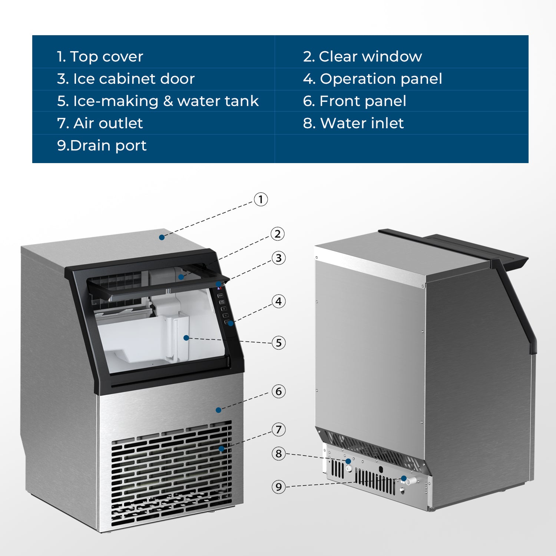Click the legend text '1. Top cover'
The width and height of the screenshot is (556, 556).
coord(100,57)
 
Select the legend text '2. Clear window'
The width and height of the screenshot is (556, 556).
coord(362,57)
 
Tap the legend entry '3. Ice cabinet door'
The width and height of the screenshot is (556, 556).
coord(126,79)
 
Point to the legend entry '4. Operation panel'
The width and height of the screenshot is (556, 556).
coord(372,79)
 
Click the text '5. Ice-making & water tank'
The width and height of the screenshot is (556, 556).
coord(158,101)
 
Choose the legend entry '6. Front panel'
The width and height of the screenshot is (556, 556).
coord(354,101)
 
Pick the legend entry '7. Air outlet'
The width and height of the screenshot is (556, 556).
coord(100,123)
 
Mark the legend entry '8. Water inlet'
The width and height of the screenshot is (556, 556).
coord(353,123)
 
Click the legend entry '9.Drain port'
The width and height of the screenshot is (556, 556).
coord(102,146)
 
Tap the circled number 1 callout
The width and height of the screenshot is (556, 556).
coord(261,199)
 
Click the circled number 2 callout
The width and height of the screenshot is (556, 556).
coord(277,234)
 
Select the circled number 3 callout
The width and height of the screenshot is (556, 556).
coord(278,258)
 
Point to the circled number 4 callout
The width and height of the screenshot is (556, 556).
coord(278,301)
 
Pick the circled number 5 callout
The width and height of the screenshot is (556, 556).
coord(278,343)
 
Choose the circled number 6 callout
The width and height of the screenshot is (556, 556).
coord(278,391)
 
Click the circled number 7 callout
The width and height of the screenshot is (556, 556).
coord(278,430)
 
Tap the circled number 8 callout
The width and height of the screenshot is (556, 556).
coord(278,454)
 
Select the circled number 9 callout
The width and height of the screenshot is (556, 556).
coord(278,487)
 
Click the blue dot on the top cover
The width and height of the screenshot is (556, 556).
coord(162,237)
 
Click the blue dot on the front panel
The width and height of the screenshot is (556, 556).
coord(218,410)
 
